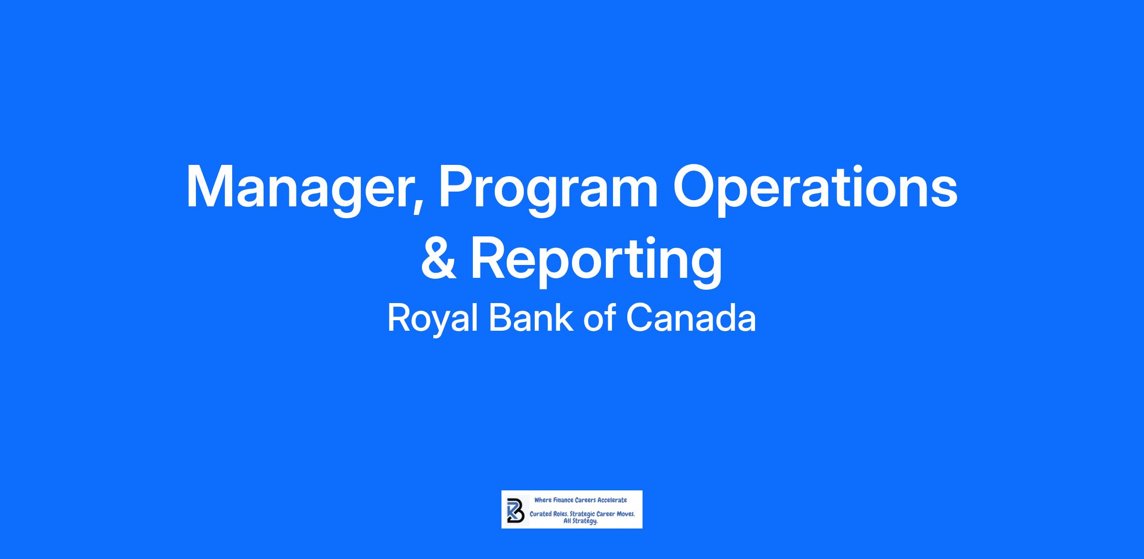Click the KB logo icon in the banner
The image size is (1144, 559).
(x=515, y=511)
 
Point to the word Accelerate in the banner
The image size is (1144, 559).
(x=612, y=500)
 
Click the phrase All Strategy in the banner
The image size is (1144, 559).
(x=581, y=521)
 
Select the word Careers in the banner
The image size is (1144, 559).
(x=585, y=500)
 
